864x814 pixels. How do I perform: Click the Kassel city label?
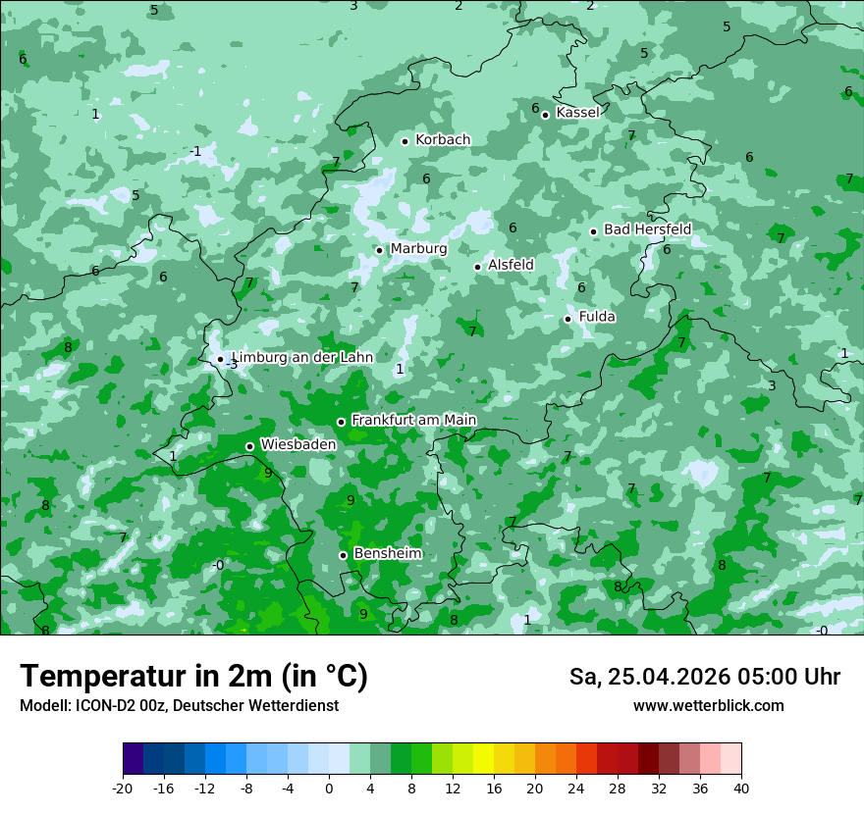[577, 113]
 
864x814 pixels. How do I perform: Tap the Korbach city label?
[443, 140]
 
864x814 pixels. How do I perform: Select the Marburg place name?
[418, 249]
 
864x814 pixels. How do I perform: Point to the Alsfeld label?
[511, 265]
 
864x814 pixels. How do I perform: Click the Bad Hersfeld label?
[647, 229]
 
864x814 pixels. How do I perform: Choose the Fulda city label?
[597, 317]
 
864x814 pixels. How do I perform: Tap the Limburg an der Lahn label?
[302, 358]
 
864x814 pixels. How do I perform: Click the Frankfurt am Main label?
[413, 421]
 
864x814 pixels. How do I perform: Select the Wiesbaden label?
[298, 445]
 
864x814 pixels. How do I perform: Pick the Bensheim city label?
[388, 554]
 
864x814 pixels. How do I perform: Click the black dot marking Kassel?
[545, 115]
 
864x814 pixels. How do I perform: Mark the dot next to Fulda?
[567, 319]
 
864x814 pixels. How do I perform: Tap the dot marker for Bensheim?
[343, 555]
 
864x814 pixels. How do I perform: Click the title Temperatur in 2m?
[193, 677]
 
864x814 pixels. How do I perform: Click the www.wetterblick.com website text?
[708, 706]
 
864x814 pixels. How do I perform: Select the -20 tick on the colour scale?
[123, 789]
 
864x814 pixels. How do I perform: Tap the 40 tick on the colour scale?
[741, 789]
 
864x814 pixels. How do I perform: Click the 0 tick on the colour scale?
[329, 789]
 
